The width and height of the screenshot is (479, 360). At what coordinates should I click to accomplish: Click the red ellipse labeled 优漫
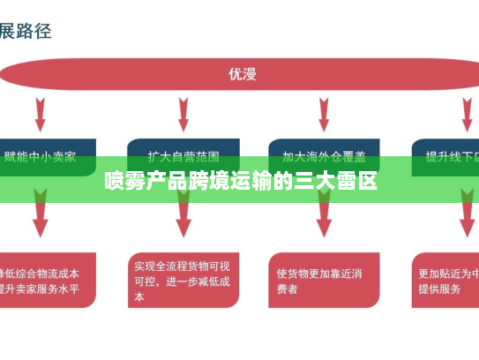coord(240,74)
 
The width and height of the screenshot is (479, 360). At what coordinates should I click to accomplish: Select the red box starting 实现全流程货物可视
coord(183,280)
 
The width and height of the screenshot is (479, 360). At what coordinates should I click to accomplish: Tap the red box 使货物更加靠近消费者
coord(325,280)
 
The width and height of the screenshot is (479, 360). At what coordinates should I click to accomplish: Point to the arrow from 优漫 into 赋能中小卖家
coord(41,113)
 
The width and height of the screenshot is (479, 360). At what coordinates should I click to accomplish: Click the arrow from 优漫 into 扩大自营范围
coord(183,113)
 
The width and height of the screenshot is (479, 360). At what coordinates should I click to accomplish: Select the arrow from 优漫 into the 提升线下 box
coord(467,113)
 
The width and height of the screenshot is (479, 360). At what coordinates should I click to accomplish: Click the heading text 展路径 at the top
coord(26,31)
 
